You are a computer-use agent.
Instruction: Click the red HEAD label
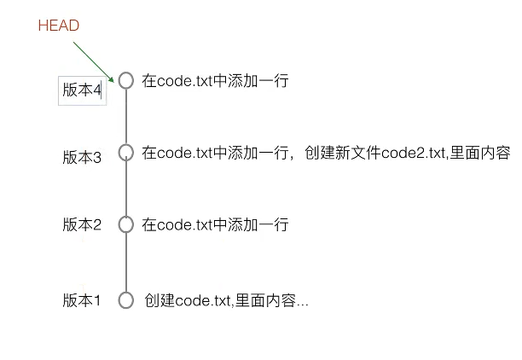coord(59,26)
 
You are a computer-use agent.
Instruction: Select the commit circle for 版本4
coord(126,80)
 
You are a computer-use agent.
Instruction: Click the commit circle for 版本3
coord(126,153)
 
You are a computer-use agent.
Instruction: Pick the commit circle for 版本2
coord(126,224)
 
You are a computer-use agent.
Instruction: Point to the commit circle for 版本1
coord(126,300)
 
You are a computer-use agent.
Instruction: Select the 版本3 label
coord(82,157)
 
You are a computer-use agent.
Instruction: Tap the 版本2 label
coord(82,225)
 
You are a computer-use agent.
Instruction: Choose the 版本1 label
coord(82,300)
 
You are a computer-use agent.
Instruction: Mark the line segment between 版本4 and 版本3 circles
coord(126,117)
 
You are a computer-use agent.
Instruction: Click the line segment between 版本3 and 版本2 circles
coord(126,189)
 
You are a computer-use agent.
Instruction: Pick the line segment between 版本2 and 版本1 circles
coord(126,262)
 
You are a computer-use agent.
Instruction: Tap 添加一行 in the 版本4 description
coord(260,81)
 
